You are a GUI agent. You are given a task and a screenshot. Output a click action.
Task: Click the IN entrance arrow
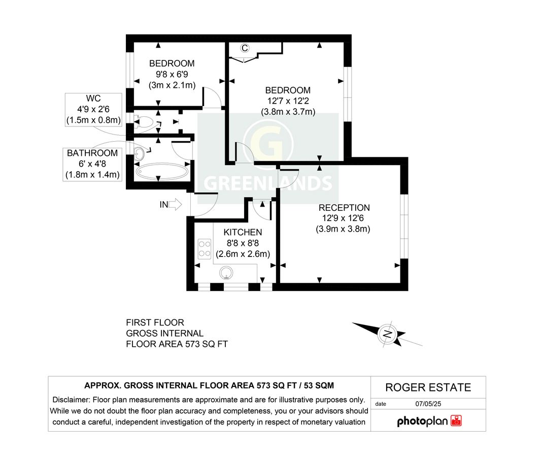click(x=175, y=205)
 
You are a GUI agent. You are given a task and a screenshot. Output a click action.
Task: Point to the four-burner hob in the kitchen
click(x=205, y=248)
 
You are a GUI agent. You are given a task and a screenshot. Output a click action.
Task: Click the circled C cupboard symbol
click(x=245, y=48)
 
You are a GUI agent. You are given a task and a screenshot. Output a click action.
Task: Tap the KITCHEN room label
click(x=243, y=232)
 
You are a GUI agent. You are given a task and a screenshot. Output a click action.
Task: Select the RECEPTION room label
click(x=344, y=208)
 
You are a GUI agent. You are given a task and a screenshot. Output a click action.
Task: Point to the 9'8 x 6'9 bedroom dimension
click(x=172, y=75)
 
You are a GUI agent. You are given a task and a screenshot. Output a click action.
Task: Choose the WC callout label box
click(x=94, y=109)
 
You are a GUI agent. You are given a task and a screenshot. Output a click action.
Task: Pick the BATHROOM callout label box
click(x=92, y=164)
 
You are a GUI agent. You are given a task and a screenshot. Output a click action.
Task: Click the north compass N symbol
click(x=387, y=334)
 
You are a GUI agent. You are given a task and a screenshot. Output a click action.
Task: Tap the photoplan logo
click(x=429, y=421)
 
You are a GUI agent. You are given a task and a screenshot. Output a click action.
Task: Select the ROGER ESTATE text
click(x=428, y=388)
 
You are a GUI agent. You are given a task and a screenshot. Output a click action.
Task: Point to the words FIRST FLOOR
click(x=155, y=322)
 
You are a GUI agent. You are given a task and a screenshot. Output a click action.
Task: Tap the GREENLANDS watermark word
click(x=267, y=183)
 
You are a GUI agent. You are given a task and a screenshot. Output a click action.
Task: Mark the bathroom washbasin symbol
click(x=140, y=153)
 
